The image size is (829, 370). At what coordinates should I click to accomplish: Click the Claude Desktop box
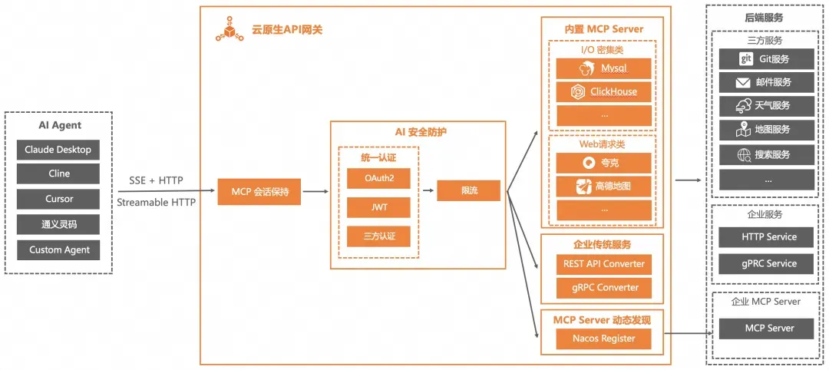click(x=58, y=150)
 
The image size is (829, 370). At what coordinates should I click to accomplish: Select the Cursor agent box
click(x=58, y=199)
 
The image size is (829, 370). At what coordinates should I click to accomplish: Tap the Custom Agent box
click(x=58, y=249)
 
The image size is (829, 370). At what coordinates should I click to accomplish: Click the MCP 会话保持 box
click(x=260, y=191)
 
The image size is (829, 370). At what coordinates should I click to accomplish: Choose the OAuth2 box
click(x=378, y=178)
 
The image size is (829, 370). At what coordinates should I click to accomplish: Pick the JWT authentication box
click(x=378, y=207)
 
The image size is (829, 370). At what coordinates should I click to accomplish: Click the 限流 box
click(x=468, y=190)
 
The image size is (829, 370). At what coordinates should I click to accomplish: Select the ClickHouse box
click(x=603, y=92)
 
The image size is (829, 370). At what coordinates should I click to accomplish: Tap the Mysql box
click(x=603, y=68)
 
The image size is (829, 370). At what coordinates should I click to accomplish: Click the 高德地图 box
click(x=603, y=186)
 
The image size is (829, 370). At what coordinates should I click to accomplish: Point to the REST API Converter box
click(x=603, y=263)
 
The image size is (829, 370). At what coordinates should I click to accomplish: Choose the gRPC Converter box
click(x=603, y=288)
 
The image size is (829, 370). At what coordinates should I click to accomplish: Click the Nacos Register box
click(x=603, y=338)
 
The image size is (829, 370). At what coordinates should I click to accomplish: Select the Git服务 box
click(x=765, y=58)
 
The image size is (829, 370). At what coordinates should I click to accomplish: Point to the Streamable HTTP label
click(x=156, y=203)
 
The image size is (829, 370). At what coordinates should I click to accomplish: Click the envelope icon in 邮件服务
click(x=743, y=82)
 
